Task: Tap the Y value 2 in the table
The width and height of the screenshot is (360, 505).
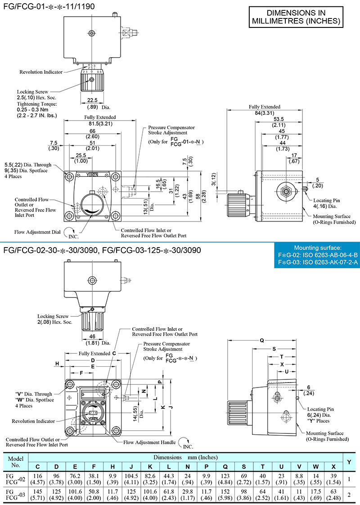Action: tap(350, 494)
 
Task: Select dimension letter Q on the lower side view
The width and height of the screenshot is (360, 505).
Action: tap(262, 341)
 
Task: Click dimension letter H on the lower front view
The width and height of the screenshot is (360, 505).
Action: tap(58, 363)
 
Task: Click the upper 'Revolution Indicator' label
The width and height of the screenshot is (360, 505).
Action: tap(44, 72)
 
